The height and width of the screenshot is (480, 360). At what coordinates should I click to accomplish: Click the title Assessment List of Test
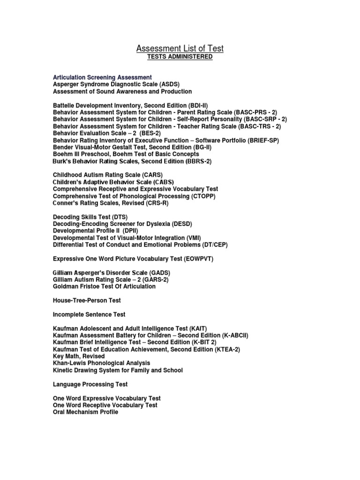click(x=180, y=48)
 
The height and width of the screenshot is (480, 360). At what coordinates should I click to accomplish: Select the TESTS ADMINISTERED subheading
click(x=180, y=57)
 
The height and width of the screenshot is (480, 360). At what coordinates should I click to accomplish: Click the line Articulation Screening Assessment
click(x=103, y=77)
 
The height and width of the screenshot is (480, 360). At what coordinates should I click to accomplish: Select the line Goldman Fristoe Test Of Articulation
click(x=104, y=286)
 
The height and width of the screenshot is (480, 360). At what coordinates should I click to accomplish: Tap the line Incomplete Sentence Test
click(x=89, y=315)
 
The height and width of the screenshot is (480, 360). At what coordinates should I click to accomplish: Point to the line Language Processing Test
click(x=90, y=384)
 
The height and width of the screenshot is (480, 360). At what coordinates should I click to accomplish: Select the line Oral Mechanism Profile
click(x=86, y=412)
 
